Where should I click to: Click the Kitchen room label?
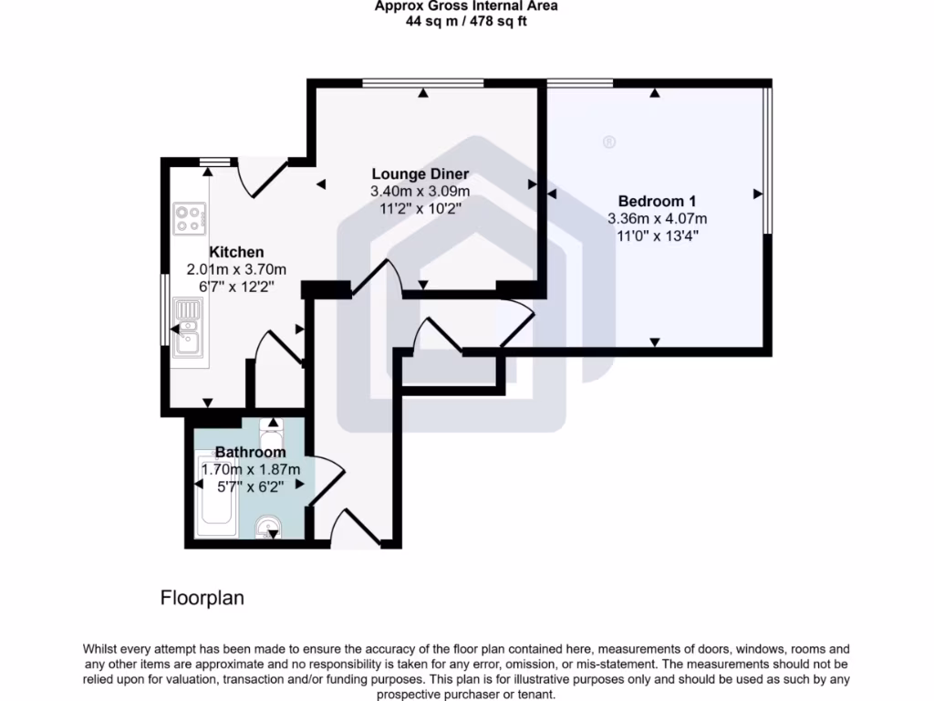coord(236,252)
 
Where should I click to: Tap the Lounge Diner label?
coord(420,173)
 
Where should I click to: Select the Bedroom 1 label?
coord(657,201)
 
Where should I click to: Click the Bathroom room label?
coord(250,452)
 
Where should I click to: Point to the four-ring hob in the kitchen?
coord(190,217)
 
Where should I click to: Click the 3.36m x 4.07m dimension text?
coord(657,218)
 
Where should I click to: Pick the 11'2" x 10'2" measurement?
coord(420,208)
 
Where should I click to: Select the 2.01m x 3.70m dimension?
coord(236,269)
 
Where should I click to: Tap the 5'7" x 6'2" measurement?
coord(250,486)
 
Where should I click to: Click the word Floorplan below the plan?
coord(202,599)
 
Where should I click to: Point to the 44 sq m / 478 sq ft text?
coord(466,21)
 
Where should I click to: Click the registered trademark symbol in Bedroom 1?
coord(609,141)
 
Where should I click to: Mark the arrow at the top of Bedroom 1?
coord(655,92)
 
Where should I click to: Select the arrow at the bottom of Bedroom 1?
coord(655,342)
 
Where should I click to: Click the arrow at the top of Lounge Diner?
coord(424,92)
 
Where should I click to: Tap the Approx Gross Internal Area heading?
coord(466,6)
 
